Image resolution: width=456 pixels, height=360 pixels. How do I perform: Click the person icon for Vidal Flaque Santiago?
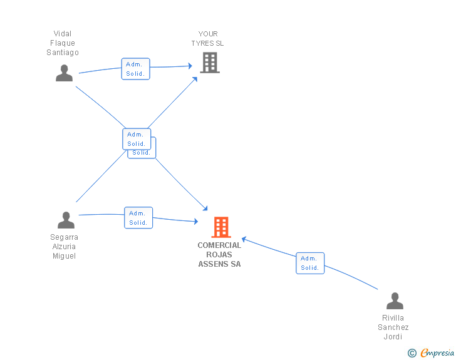pyautogui.click(x=64, y=73)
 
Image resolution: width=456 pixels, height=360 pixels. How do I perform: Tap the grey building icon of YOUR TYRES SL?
pyautogui.click(x=210, y=63)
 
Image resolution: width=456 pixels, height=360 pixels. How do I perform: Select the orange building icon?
pyautogui.click(x=221, y=227)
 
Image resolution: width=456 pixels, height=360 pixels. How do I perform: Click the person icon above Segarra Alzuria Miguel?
pyautogui.click(x=66, y=220)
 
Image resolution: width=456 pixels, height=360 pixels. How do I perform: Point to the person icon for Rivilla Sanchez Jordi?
pyautogui.click(x=395, y=301)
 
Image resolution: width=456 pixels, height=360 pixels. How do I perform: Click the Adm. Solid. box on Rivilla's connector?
pyautogui.click(x=310, y=263)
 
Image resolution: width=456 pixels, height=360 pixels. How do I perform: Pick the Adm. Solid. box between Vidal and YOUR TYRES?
pyautogui.click(x=135, y=69)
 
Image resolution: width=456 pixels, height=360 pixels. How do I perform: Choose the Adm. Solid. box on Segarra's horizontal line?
pyautogui.click(x=138, y=218)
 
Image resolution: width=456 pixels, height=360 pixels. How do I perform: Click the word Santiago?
pyautogui.click(x=63, y=53)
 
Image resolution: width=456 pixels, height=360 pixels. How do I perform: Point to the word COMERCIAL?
pyautogui.click(x=219, y=245)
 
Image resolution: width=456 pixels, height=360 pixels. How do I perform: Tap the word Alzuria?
pyautogui.click(x=64, y=247)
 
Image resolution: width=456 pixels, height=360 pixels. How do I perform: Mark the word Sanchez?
pyautogui.click(x=393, y=327)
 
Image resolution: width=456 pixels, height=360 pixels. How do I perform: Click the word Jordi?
pyautogui.click(x=393, y=337)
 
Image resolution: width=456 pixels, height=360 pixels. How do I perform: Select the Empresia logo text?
pyautogui.click(x=437, y=352)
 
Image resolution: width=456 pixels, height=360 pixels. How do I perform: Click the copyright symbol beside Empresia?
pyautogui.click(x=412, y=353)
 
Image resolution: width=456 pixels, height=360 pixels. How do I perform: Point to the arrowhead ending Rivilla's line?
pyautogui.click(x=244, y=239)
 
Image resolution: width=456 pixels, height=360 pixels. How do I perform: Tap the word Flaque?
pyautogui.click(x=63, y=43)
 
